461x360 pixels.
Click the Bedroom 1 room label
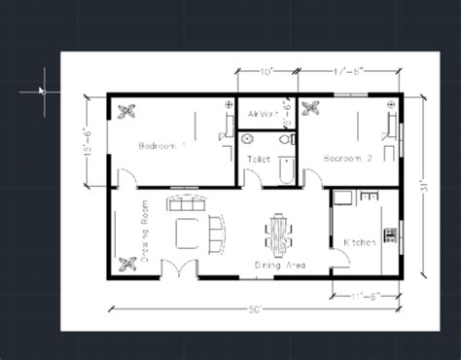(x=162, y=146)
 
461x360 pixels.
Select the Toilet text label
(x=259, y=156)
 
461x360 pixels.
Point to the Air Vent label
(x=264, y=114)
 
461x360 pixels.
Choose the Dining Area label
(x=283, y=265)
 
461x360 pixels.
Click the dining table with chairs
(x=277, y=234)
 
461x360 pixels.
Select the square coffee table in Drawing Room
(x=187, y=234)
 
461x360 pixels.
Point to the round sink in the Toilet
(x=246, y=139)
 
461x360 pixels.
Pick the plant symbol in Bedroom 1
(x=126, y=111)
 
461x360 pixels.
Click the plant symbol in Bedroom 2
(x=313, y=109)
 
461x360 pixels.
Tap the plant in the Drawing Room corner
(x=126, y=263)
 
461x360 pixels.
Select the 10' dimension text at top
(x=266, y=71)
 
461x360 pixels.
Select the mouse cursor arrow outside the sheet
(x=42, y=90)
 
